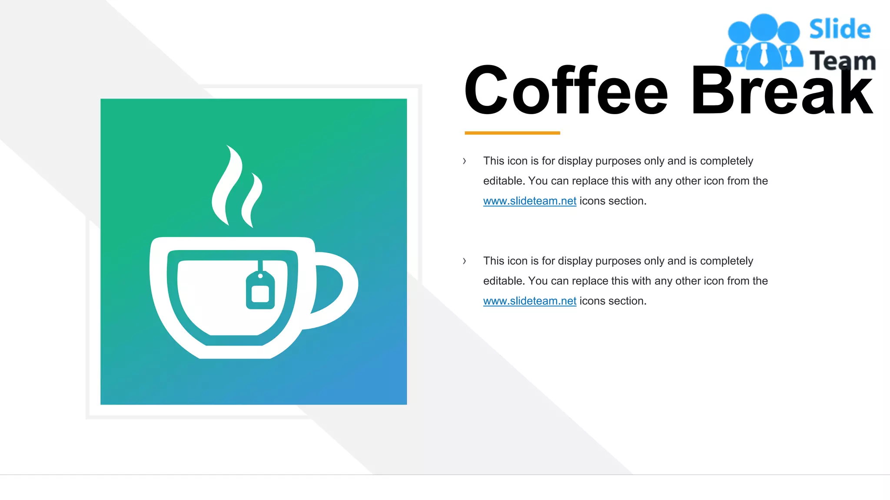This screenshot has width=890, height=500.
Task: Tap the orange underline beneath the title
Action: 512,133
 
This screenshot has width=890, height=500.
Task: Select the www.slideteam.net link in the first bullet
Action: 529,201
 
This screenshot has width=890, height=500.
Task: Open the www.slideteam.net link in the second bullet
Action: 529,301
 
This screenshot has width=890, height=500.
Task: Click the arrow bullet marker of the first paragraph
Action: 465,161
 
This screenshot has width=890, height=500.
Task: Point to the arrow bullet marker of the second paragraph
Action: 465,261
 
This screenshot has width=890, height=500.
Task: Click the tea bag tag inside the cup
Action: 260,291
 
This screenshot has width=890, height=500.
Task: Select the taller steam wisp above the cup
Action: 226,187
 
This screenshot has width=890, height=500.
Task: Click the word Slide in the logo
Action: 840,30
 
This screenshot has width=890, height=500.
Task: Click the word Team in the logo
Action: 842,61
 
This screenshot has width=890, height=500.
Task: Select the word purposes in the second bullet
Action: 618,261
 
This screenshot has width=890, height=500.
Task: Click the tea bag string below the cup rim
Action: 260,265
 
